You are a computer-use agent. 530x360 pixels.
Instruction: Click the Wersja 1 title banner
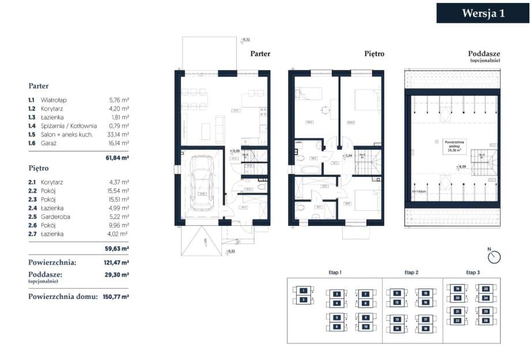click(483, 13)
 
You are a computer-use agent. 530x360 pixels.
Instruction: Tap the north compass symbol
click(494, 256)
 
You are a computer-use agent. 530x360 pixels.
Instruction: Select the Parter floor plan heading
click(260, 54)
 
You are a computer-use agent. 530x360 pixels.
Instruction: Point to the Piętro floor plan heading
click(374, 54)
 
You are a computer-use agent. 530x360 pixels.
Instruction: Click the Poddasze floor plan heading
click(484, 54)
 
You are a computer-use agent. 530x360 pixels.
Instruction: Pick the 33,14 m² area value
click(119, 134)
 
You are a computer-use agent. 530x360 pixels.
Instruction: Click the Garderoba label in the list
click(54, 217)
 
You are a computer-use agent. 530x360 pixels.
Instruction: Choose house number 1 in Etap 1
click(302, 291)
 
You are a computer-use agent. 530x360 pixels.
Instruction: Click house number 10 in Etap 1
click(365, 327)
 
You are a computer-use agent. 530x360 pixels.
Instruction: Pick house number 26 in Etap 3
click(486, 320)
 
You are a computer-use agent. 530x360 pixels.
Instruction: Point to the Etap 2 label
click(411, 272)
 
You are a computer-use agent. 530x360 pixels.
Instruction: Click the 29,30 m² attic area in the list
click(117, 275)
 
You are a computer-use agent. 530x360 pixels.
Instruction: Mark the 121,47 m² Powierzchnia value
click(117, 262)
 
